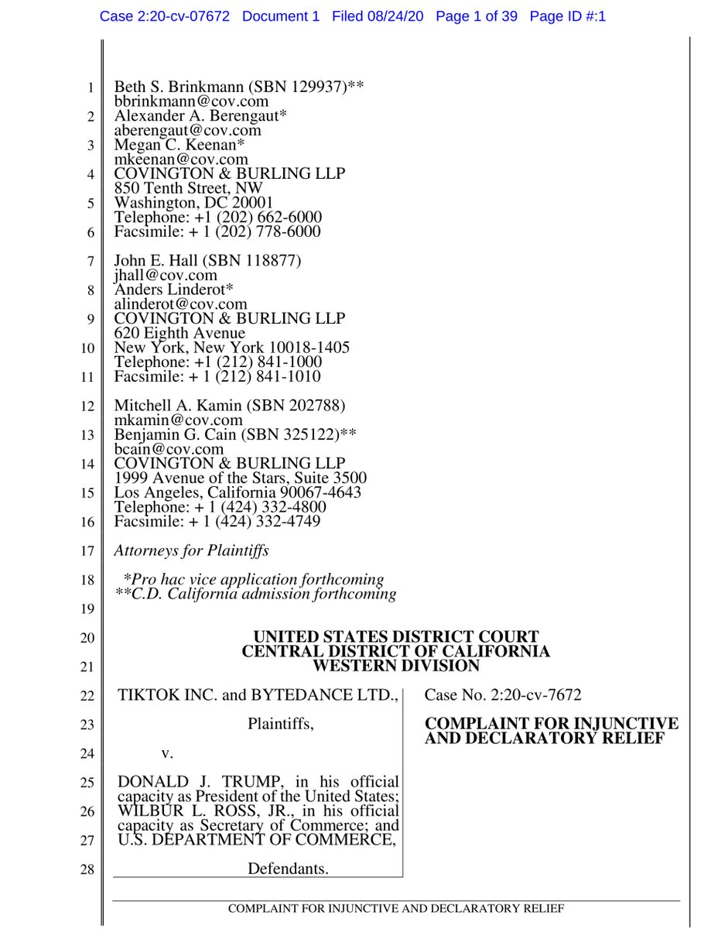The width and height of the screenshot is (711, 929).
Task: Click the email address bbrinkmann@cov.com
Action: coord(191,101)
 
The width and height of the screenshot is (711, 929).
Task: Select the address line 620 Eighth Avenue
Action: coord(179,334)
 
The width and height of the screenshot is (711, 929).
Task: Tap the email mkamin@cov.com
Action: coord(178,420)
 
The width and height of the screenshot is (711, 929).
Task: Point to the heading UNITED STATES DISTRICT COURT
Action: coord(396,637)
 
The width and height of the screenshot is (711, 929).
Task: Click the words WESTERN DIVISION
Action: coord(396,666)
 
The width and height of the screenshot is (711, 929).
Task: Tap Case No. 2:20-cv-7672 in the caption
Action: coord(503,695)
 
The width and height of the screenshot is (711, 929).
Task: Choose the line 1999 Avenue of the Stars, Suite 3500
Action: coord(241,478)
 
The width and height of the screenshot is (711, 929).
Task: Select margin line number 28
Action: coord(87,869)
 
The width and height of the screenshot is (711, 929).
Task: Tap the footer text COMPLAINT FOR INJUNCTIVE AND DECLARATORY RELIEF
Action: coord(395,908)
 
